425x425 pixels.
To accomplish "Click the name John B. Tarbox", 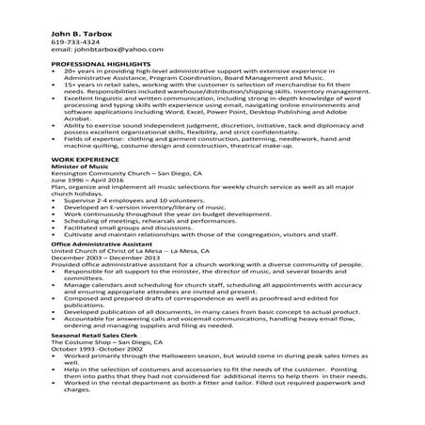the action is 79,33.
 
